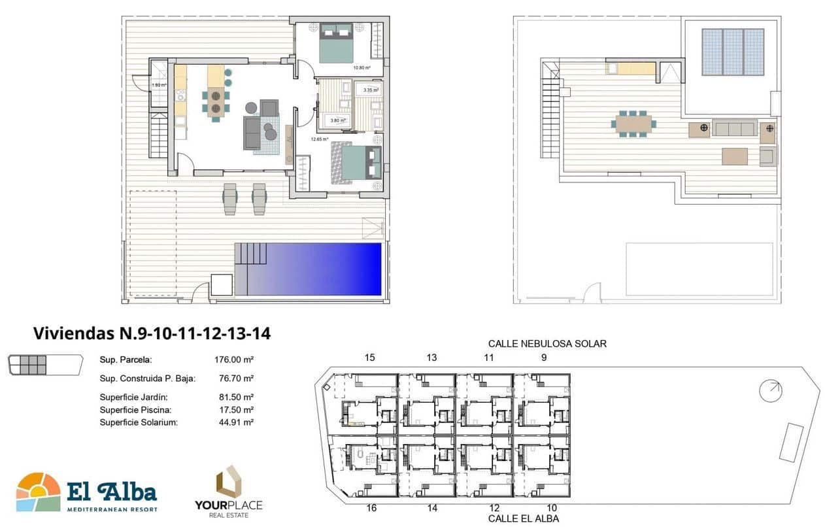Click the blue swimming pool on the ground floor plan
pos(314,269)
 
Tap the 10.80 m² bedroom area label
pos(362,67)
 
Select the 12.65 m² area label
pos(318,139)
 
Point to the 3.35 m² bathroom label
pos(371,90)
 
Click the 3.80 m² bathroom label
pos(337,120)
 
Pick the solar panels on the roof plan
pos(732,52)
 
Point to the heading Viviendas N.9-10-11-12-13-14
pos(152,333)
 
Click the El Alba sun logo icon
pos(38,492)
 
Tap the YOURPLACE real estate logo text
pos(228,505)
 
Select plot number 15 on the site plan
pos(370,358)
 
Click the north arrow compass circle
pos(770,391)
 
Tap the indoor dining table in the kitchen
pos(215,101)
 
